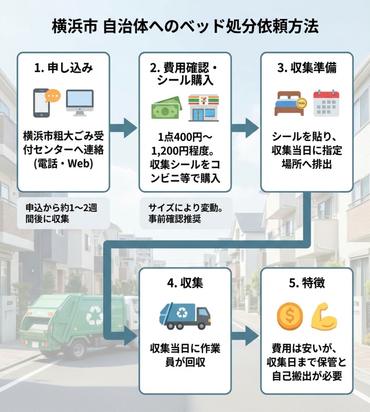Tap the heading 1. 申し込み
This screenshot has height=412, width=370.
click(63, 68)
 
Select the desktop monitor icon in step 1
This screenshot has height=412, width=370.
click(80, 103)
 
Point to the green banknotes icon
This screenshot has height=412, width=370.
click(166, 108)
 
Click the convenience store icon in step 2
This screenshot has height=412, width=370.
click(203, 108)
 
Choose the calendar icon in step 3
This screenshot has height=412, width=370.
click(326, 103)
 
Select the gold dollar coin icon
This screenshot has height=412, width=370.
click(289, 316)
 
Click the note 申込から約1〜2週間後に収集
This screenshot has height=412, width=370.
click(61, 213)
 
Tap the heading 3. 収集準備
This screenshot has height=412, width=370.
click(307, 68)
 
